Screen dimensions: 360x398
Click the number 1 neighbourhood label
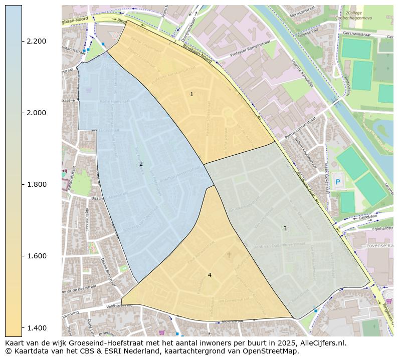click(191, 94)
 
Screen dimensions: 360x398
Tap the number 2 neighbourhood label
click(141, 164)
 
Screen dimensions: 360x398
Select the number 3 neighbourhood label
click(285, 228)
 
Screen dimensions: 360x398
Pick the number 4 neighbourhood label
click(210, 275)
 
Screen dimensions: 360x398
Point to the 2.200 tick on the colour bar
click(36, 41)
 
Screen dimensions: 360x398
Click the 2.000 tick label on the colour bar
click(36, 113)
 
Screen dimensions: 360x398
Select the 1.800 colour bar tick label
click(36, 184)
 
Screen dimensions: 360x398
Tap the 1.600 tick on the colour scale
click(36, 256)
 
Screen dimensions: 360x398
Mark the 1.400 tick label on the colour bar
click(36, 327)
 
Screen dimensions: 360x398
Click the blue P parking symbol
click(337, 182)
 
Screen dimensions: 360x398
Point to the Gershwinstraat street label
click(356, 35)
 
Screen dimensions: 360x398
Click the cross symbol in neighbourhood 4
click(229, 255)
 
